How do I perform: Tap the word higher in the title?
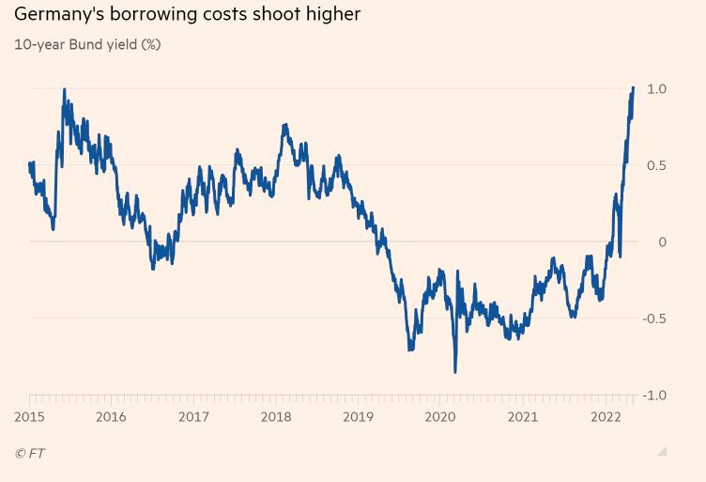coord(330,15)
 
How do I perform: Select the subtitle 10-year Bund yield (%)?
coord(87,44)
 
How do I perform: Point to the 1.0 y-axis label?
coord(656,88)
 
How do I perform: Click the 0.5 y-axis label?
coord(656,165)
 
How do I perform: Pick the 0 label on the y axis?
coord(662,242)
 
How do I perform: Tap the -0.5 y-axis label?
coord(654,319)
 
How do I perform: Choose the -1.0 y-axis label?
coord(654,396)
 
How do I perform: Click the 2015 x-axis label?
coord(29,417)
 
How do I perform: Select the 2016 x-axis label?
coord(111,417)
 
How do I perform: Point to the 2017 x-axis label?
coord(193,417)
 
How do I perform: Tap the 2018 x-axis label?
coord(276,417)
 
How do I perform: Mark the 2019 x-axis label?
coord(359,417)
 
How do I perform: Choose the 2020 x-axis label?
coord(441,417)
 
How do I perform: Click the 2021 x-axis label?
coord(523,417)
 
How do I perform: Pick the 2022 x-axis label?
coord(606,417)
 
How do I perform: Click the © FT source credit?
coord(30,454)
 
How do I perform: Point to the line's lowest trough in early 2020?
coord(455,372)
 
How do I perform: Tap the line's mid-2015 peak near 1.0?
coord(64,90)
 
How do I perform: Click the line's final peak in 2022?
coord(634,87)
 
